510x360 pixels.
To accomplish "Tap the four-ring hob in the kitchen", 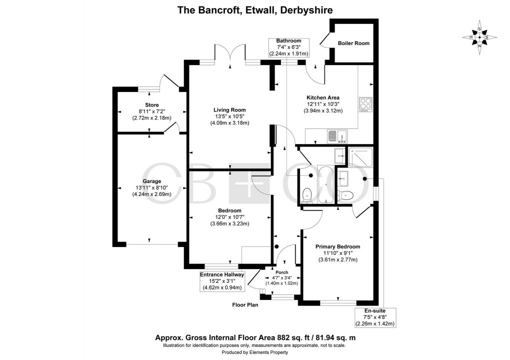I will click(364, 104).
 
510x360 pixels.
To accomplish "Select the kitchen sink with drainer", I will click(333, 135).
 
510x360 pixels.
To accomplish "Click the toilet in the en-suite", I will click(346, 195).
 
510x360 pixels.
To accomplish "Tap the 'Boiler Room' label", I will click(353, 43).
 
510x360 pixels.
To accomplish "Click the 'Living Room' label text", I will click(230, 110).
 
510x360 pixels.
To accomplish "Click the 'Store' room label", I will click(152, 105).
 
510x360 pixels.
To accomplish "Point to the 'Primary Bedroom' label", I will click(337, 246).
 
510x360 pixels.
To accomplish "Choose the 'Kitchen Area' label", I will click(323, 97).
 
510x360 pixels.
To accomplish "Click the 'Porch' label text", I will click(280, 272).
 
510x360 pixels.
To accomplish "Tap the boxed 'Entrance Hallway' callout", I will click(222, 281).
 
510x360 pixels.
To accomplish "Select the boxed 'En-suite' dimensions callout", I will click(375, 317).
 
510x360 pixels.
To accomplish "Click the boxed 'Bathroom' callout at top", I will click(289, 47).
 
